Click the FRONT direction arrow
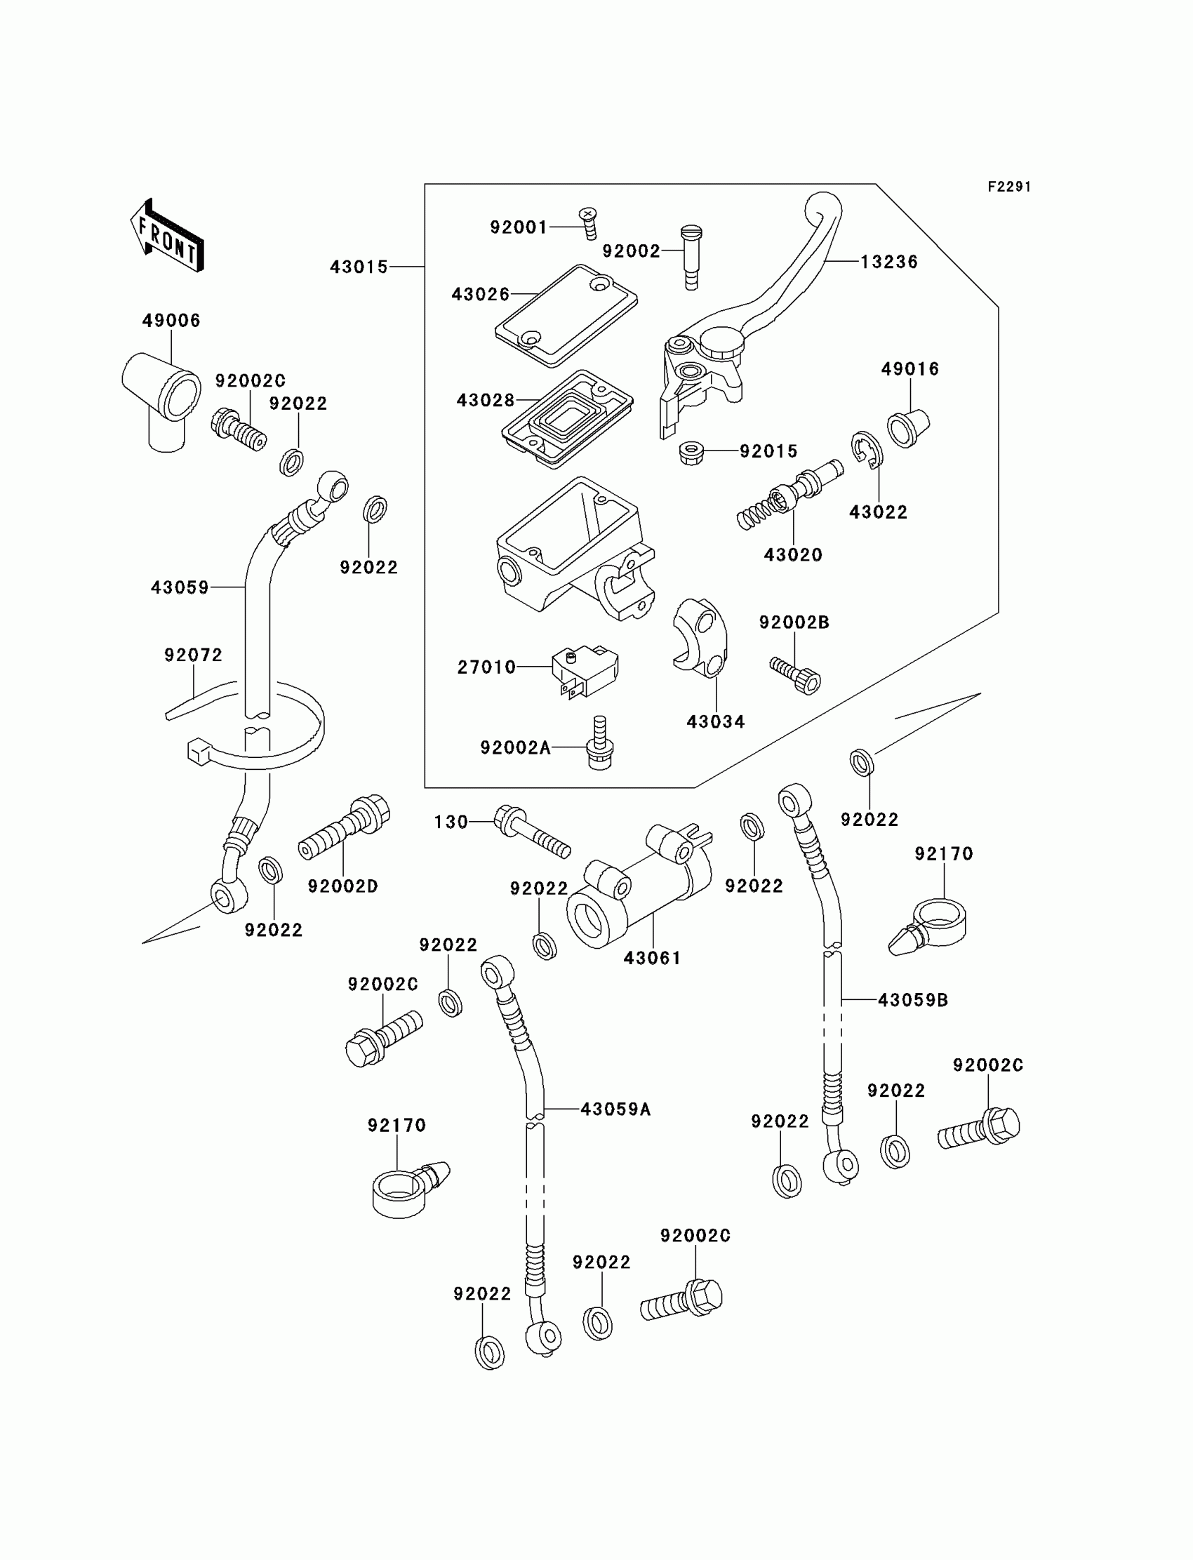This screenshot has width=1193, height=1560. [x=168, y=235]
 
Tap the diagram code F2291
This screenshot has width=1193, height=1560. [x=1009, y=187]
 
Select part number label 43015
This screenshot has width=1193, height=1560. [x=359, y=267]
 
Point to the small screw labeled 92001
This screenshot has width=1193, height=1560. [x=588, y=223]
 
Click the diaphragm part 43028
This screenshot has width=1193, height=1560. [x=568, y=418]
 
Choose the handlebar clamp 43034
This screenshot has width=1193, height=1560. [x=700, y=637]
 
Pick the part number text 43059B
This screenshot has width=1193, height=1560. [x=913, y=1000]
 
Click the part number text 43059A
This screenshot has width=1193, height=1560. [x=615, y=1109]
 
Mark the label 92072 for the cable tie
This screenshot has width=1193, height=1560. [x=193, y=655]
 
